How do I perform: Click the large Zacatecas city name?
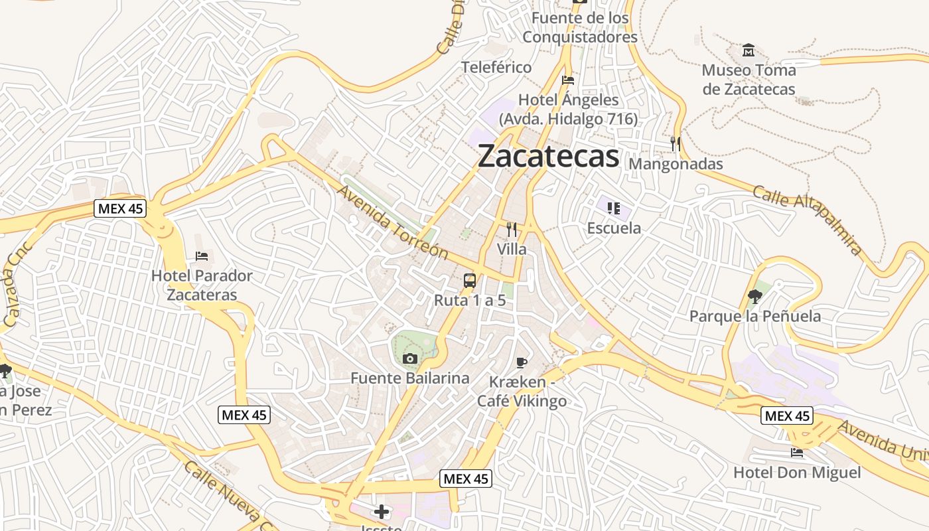(x=548, y=157)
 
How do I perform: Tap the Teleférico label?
(x=496, y=67)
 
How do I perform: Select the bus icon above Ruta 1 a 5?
(x=470, y=280)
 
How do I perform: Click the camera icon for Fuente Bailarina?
(x=409, y=359)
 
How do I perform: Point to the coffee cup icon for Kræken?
(x=522, y=362)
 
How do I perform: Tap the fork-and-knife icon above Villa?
(x=512, y=230)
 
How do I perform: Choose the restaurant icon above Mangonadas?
(x=676, y=143)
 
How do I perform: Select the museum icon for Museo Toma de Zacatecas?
(x=749, y=50)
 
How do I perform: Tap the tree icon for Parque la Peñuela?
(x=754, y=296)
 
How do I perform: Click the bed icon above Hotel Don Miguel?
(x=797, y=453)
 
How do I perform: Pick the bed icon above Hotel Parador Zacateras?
(x=202, y=256)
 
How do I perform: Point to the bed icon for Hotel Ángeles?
(x=568, y=80)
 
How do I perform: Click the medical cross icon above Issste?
(x=382, y=511)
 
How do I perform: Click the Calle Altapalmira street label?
(x=808, y=220)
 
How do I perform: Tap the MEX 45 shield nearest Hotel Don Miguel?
(x=787, y=416)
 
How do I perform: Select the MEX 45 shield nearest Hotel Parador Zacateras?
(x=120, y=208)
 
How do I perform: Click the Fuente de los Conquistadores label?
(x=580, y=27)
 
